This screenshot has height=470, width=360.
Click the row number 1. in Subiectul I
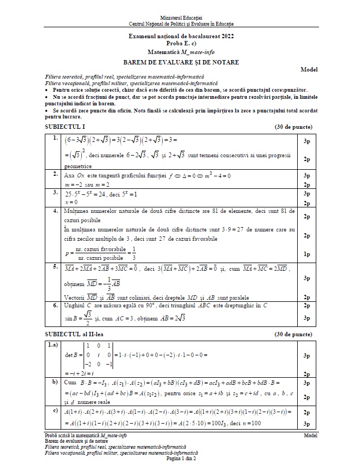55,139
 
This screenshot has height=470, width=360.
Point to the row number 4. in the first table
55,210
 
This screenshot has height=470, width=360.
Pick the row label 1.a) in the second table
54,345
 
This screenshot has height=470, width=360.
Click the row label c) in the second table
55,410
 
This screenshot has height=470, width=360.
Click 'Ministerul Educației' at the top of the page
180,19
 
